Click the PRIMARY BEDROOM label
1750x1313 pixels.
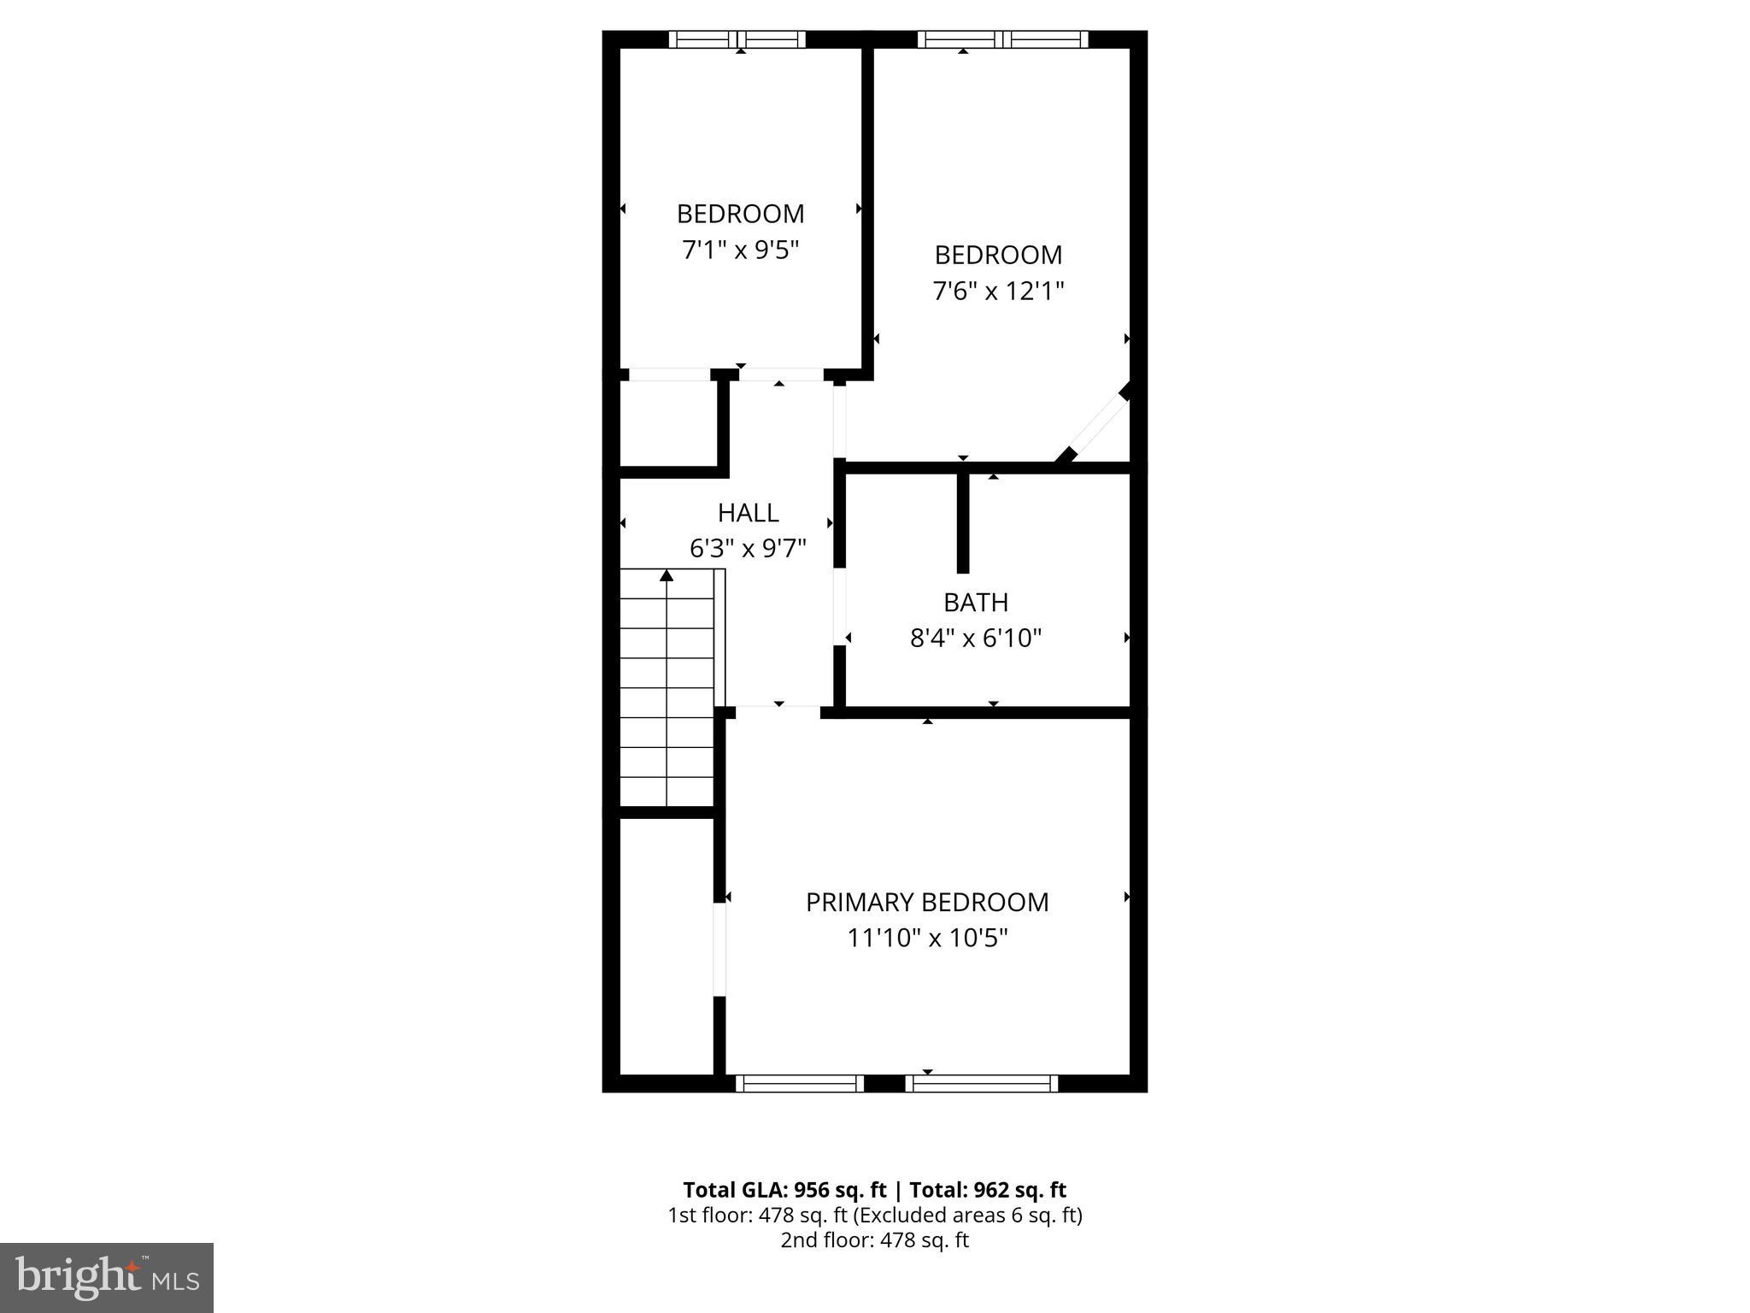tap(927, 902)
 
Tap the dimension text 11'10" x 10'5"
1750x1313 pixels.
tap(927, 939)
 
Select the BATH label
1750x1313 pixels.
tap(976, 603)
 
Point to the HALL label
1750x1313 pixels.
tap(748, 513)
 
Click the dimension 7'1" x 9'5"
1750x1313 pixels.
tap(740, 250)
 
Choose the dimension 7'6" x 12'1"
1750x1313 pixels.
tap(998, 291)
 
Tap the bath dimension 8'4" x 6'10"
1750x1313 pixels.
tap(976, 639)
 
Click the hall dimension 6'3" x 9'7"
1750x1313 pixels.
tap(748, 548)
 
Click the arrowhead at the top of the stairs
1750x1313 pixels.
tap(667, 576)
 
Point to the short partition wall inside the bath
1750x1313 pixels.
tap(963, 521)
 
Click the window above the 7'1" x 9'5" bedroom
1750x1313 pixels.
tap(737, 38)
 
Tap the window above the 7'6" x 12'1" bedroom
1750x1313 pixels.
tap(1002, 38)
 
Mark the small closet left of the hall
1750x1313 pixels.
tap(667, 424)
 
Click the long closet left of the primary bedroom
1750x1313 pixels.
tap(666, 945)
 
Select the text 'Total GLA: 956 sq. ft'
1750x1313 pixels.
tap(784, 1190)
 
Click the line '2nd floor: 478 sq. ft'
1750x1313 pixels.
tap(874, 1240)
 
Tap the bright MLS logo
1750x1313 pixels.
tap(107, 1278)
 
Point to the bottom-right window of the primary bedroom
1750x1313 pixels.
tap(981, 1084)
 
